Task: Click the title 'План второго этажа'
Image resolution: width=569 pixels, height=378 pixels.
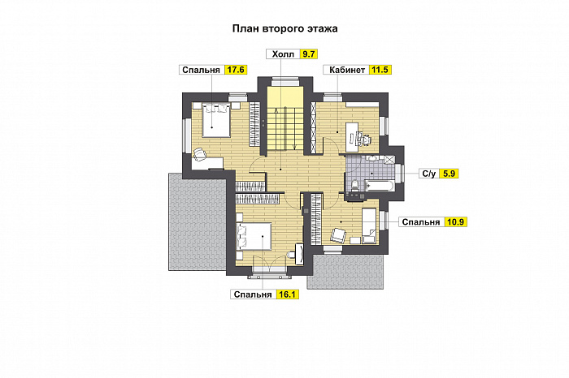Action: pyautogui.click(x=284, y=28)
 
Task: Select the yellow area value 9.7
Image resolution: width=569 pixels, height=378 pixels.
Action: pyautogui.click(x=308, y=54)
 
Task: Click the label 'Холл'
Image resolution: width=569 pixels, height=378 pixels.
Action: pyautogui.click(x=283, y=54)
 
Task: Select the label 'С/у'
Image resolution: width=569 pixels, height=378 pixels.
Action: pyautogui.click(x=428, y=173)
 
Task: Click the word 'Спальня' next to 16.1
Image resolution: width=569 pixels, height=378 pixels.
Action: pyautogui.click(x=253, y=294)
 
